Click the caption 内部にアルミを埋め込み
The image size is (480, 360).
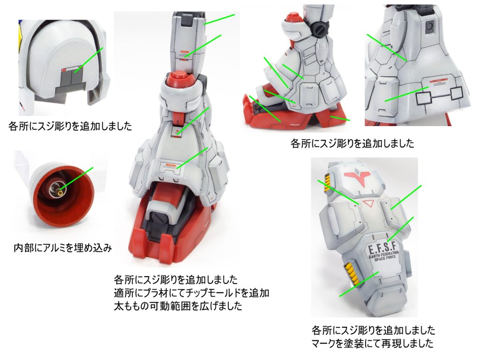click(x=63, y=247)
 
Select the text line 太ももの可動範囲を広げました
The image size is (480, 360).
click(x=178, y=306)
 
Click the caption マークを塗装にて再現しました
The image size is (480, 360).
click(x=373, y=343)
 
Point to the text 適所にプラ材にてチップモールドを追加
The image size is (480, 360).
click(x=192, y=292)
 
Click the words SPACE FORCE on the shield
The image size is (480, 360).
click(x=385, y=259)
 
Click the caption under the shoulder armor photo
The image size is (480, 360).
click(x=70, y=126)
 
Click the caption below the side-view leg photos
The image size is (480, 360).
click(x=352, y=143)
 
